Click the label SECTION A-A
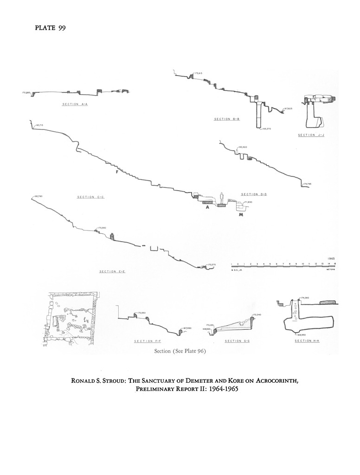coord(75,104)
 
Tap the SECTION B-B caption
coord(226,119)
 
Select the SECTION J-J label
coord(310,135)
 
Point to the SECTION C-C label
coord(90,197)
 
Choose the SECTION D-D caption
coord(254,194)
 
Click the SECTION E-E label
coord(113,271)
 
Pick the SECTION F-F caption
coord(147,341)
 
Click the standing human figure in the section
coord(222,198)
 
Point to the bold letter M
coord(241,215)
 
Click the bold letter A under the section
coord(208,208)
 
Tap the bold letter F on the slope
coord(117,172)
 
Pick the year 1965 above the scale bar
coord(331,258)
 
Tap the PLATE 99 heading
coord(50,29)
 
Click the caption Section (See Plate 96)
coord(180,351)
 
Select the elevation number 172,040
coord(257,315)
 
